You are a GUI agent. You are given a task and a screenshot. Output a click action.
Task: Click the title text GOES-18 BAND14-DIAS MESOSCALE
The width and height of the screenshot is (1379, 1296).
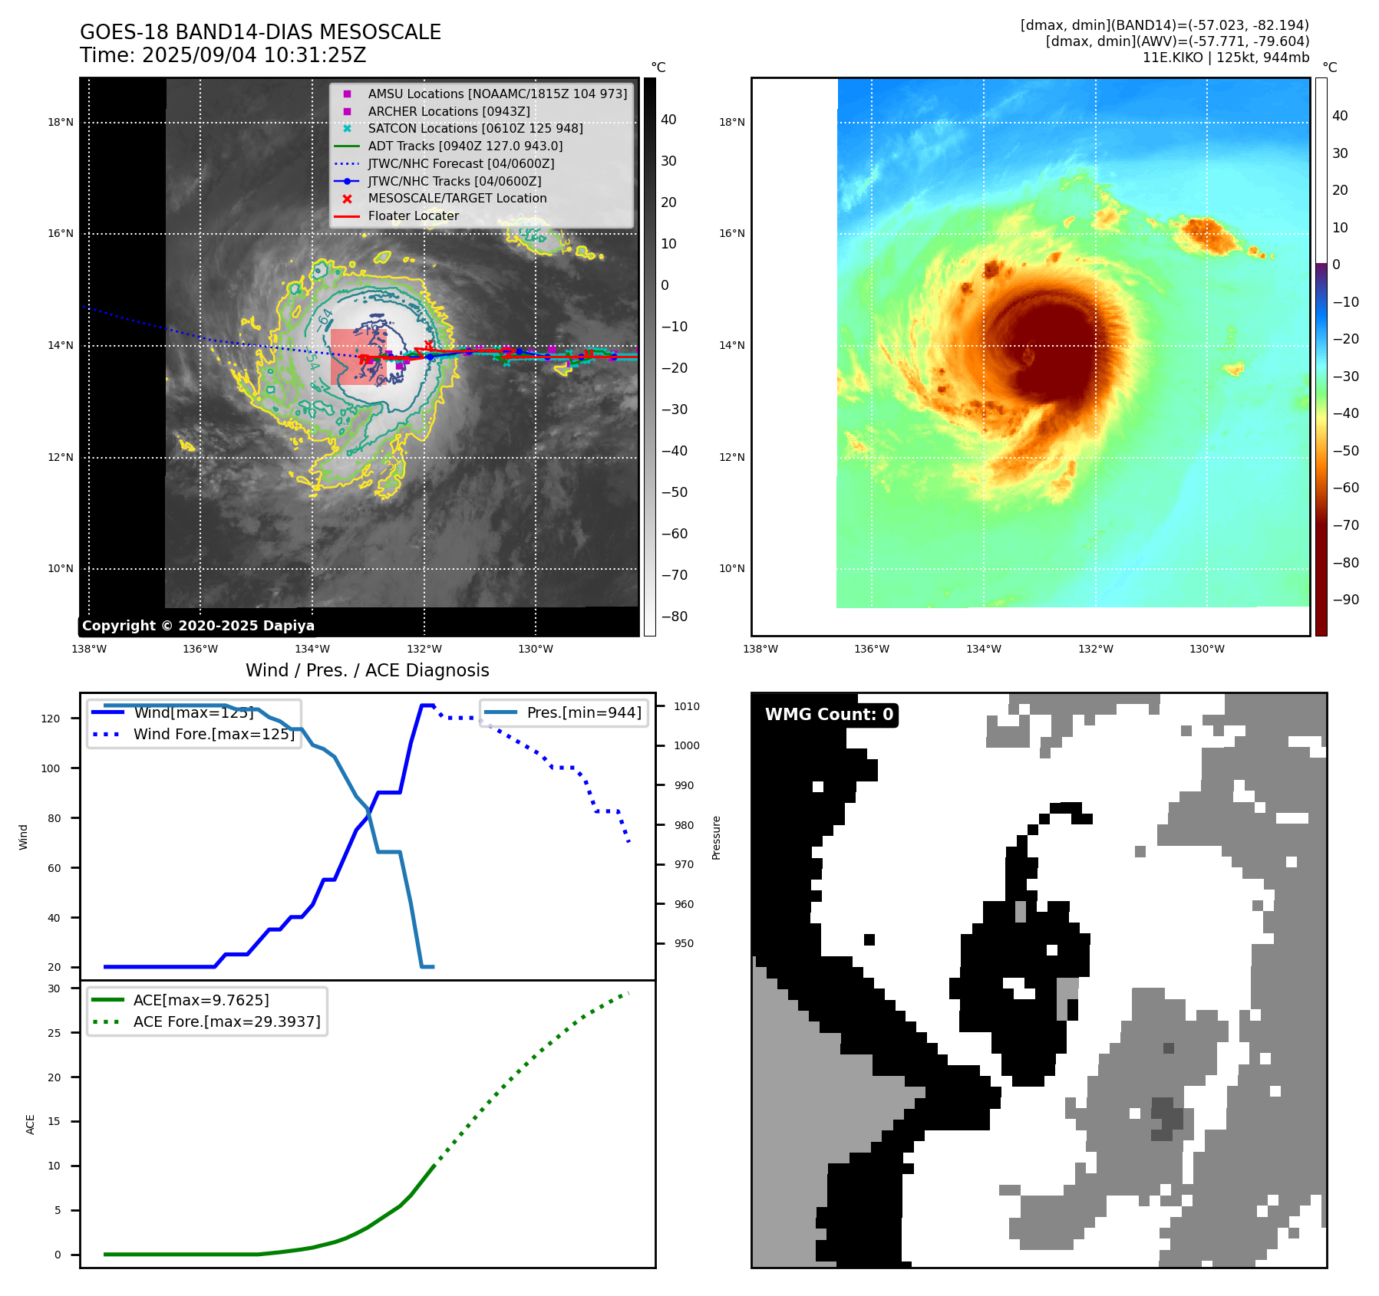[260, 32]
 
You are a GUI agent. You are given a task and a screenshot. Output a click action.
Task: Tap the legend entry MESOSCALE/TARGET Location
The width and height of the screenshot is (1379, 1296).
[457, 198]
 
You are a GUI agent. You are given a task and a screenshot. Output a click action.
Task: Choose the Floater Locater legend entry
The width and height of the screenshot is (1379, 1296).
[413, 215]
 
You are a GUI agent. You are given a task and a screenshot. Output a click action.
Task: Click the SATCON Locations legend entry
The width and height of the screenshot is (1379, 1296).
[475, 128]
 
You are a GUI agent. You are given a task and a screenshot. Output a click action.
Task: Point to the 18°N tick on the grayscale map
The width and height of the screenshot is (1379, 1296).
[61, 122]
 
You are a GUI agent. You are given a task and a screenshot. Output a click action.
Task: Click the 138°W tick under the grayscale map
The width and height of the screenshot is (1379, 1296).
[89, 649]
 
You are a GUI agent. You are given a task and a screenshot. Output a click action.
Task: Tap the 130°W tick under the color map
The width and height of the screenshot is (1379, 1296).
[1206, 649]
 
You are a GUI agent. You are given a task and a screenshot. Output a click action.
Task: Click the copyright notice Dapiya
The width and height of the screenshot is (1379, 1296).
[198, 626]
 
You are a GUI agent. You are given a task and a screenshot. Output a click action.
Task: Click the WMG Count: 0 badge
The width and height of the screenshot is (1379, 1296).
[829, 715]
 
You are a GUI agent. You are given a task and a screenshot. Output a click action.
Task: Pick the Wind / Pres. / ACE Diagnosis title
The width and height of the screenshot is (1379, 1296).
[367, 670]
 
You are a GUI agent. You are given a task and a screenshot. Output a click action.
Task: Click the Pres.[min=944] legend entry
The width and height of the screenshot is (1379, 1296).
[583, 712]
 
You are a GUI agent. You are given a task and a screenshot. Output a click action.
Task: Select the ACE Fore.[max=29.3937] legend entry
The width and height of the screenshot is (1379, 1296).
[226, 1021]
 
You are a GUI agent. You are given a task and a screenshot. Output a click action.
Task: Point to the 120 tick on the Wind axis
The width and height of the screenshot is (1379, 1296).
[50, 719]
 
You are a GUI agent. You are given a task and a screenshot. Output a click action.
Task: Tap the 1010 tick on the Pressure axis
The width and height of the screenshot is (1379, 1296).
[687, 706]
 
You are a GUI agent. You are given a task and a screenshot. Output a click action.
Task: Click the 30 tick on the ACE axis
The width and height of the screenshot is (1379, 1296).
[54, 988]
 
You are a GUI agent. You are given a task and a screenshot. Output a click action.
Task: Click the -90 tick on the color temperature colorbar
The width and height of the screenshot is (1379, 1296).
[1345, 600]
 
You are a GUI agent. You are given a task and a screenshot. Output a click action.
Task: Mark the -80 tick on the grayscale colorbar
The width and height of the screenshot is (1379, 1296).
[675, 617]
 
